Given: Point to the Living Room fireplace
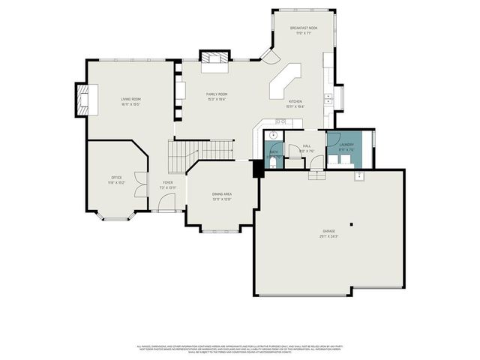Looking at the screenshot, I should click(80, 100).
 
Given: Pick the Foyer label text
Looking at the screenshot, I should click(167, 183).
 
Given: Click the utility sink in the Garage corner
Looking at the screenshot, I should click(359, 176).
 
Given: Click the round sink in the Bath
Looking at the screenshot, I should click(274, 136).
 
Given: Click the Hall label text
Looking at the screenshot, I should click(307, 147).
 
